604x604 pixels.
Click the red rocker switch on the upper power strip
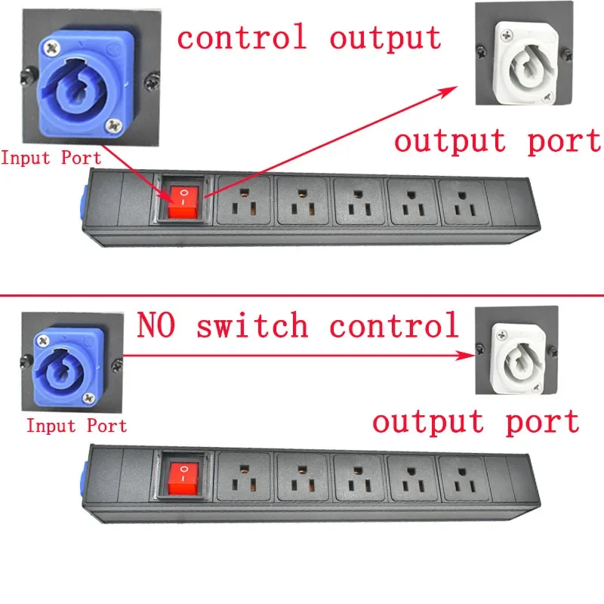[183, 202]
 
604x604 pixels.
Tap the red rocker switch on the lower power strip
[183, 479]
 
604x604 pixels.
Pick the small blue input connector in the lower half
[69, 367]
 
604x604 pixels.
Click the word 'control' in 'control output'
[242, 36]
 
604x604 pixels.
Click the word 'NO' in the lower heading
[156, 325]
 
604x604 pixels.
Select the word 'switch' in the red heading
[252, 325]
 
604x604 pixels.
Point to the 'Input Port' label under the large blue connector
[51, 158]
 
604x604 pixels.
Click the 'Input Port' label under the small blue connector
[76, 426]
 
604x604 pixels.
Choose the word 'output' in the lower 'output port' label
[428, 423]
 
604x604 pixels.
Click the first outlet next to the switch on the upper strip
[243, 200]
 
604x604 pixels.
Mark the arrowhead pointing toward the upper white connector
[448, 91]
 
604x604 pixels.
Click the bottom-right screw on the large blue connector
[114, 125]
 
